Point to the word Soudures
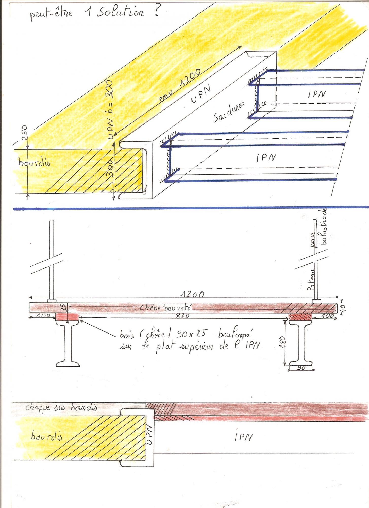pos(229,111)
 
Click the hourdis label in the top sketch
pos(34,162)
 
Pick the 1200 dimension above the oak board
pos(192,294)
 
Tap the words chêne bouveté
pos(165,308)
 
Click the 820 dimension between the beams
pos(182,316)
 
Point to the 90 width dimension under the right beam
pos(301,368)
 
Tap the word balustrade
pos(324,227)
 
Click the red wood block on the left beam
pos(67,316)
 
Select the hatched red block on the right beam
pos(300,317)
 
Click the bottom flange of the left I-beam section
pos(68,363)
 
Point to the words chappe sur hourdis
pos(61,407)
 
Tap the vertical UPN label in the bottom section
pos(149,435)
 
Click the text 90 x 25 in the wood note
pos(192,333)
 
